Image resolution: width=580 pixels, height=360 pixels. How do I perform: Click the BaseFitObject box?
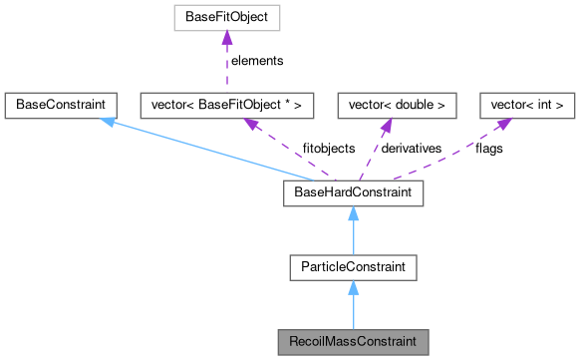(x=226, y=16)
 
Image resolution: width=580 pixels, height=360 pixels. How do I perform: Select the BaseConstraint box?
(x=62, y=103)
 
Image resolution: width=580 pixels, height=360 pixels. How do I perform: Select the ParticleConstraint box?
(x=353, y=266)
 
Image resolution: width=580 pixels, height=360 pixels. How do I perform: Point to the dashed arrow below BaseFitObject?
(x=228, y=60)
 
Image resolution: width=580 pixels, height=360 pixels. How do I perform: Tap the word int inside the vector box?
(x=543, y=103)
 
